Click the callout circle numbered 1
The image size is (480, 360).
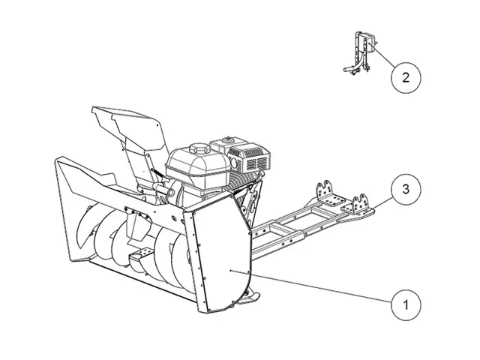click(x=405, y=305)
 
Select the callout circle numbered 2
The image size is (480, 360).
click(x=405, y=76)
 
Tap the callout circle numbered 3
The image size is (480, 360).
click(x=405, y=189)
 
